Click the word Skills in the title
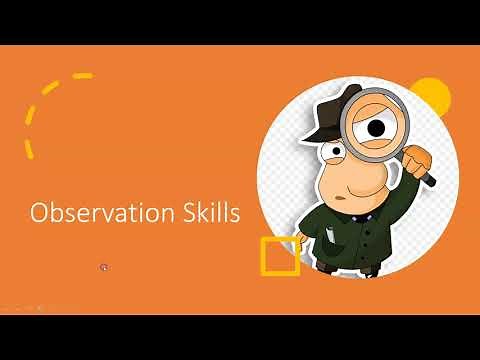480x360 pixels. click(209, 213)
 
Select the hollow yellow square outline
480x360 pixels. click(280, 256)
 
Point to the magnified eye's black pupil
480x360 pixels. click(376, 128)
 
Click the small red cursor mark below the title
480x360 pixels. click(104, 267)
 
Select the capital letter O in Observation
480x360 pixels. click(39, 213)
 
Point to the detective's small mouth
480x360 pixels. click(341, 198)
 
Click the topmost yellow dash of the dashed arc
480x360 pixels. click(83, 76)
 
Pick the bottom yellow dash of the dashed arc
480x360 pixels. click(29, 150)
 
